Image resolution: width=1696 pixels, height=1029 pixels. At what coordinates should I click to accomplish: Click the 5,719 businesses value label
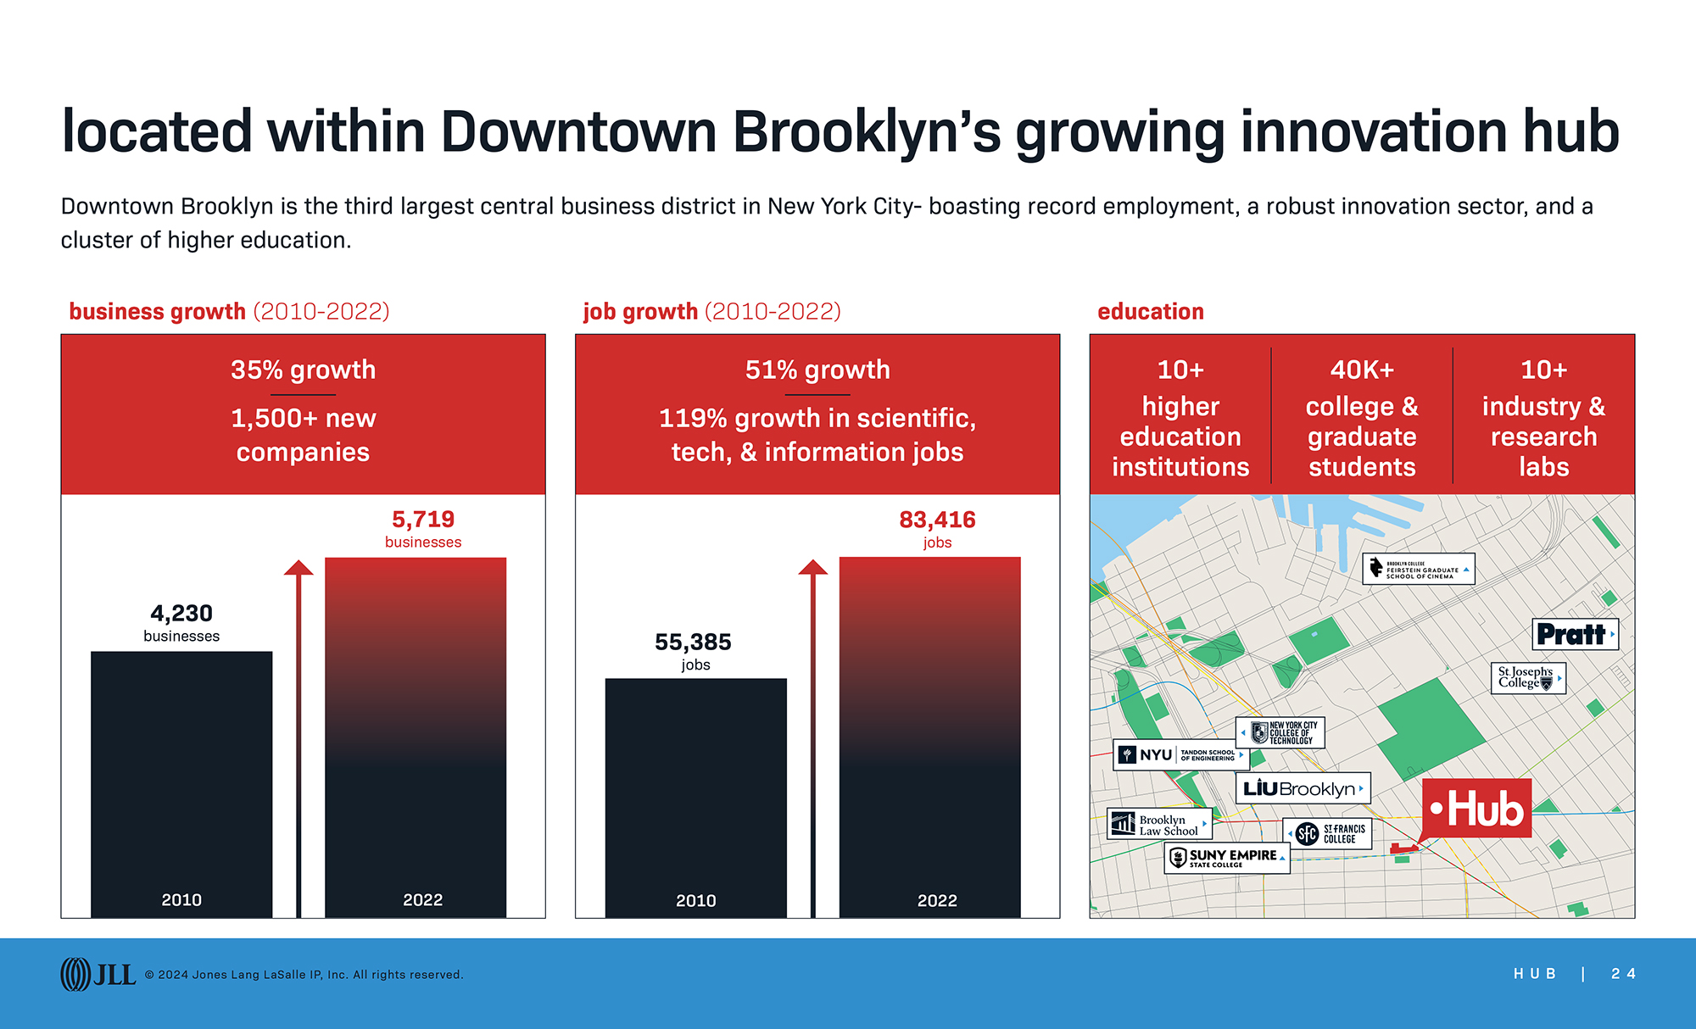click(x=423, y=528)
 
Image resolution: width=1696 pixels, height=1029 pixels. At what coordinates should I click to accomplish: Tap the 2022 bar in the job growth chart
click(x=929, y=737)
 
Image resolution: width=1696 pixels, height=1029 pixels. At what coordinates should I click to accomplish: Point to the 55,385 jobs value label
click(x=694, y=651)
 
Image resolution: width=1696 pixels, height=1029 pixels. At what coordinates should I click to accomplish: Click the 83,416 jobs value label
click(x=937, y=528)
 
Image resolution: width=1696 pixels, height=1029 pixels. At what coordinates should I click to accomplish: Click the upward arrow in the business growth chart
click(x=298, y=737)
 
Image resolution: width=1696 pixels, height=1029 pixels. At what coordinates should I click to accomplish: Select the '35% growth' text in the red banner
click(x=303, y=370)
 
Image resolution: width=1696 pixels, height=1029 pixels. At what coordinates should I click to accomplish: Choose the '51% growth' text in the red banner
click(x=817, y=370)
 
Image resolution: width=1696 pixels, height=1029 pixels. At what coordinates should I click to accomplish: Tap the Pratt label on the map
click(x=1575, y=634)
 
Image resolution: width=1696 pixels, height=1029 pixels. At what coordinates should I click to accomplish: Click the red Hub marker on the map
click(x=1476, y=809)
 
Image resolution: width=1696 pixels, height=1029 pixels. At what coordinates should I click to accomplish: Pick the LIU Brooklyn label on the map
click(x=1302, y=788)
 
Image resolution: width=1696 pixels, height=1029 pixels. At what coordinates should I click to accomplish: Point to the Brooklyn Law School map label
click(x=1159, y=824)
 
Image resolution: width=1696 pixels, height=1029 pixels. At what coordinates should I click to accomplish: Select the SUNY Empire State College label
click(x=1226, y=858)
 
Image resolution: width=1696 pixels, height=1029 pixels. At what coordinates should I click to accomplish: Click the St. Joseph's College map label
click(x=1527, y=678)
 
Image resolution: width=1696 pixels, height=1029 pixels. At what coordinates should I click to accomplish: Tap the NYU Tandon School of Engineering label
click(x=1180, y=754)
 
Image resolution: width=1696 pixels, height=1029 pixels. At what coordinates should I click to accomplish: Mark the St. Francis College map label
click(x=1327, y=834)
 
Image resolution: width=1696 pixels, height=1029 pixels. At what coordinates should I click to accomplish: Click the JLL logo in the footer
click(x=98, y=974)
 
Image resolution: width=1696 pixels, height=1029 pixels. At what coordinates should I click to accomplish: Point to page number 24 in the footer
click(x=1623, y=974)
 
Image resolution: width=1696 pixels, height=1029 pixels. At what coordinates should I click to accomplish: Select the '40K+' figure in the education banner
click(x=1362, y=370)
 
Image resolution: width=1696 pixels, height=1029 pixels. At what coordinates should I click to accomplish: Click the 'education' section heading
click(x=1150, y=311)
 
